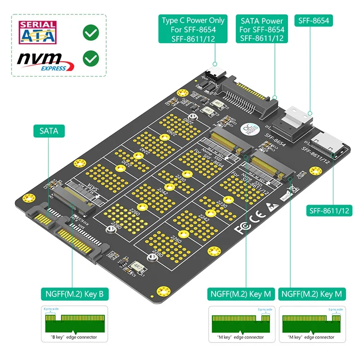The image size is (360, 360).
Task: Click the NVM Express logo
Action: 43,61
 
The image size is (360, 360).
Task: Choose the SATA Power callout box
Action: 262,29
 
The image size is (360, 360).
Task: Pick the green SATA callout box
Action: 49,131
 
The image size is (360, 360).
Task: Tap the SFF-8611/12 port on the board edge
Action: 331,144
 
